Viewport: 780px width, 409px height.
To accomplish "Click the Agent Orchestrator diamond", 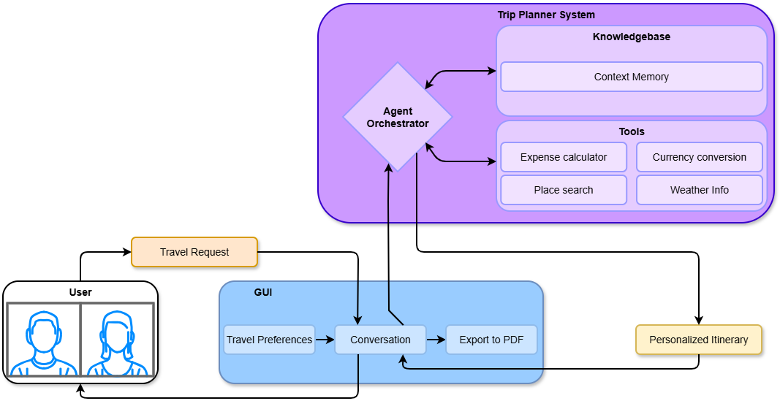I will coord(398,118).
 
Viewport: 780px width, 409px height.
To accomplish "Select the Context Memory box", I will coord(631,77).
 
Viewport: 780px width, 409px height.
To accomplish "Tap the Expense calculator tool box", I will coord(564,157).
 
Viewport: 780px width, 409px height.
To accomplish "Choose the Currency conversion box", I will coord(700,157).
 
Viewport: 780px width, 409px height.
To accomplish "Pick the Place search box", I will coord(564,190).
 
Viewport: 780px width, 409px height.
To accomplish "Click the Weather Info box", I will coord(700,190).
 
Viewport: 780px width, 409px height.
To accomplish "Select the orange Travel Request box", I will coord(194,252).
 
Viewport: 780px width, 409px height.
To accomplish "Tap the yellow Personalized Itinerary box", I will coord(699,340).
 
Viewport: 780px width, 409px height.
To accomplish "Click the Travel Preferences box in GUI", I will coord(269,340).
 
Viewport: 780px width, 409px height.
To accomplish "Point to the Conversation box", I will coord(380,340).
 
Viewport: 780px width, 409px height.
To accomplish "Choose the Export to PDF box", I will coord(491,340).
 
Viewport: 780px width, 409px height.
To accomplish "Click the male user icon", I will coord(44,343).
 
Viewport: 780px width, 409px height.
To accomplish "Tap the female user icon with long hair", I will coord(117,343).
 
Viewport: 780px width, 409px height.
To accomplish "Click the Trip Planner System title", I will coord(546,15).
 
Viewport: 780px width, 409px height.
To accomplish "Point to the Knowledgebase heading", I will coord(632,37).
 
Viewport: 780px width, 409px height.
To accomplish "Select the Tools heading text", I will coord(632,132).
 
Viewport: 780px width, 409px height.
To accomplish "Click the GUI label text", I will coord(263,292).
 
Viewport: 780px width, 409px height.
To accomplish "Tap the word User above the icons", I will coord(80,292).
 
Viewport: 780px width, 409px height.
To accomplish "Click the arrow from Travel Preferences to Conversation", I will coord(325,340).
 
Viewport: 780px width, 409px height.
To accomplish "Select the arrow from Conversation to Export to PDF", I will coord(436,340).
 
